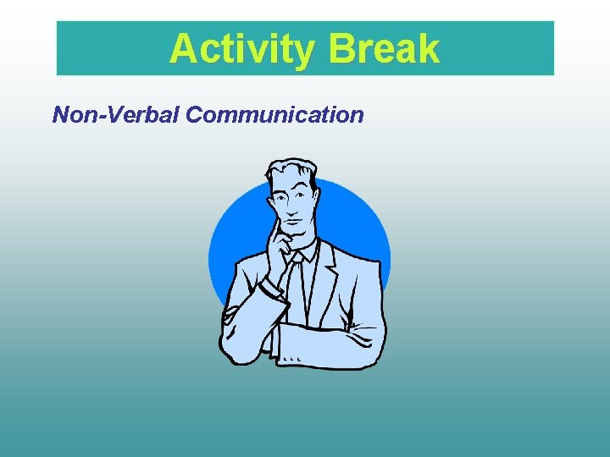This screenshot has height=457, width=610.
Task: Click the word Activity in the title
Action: click(x=242, y=49)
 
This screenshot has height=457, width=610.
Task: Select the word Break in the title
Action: click(x=384, y=49)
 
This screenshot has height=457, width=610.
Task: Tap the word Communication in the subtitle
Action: click(x=275, y=114)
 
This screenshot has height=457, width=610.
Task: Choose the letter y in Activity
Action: click(x=303, y=52)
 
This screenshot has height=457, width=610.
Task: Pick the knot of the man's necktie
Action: click(x=294, y=258)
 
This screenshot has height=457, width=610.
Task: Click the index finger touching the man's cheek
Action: click(x=275, y=224)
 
